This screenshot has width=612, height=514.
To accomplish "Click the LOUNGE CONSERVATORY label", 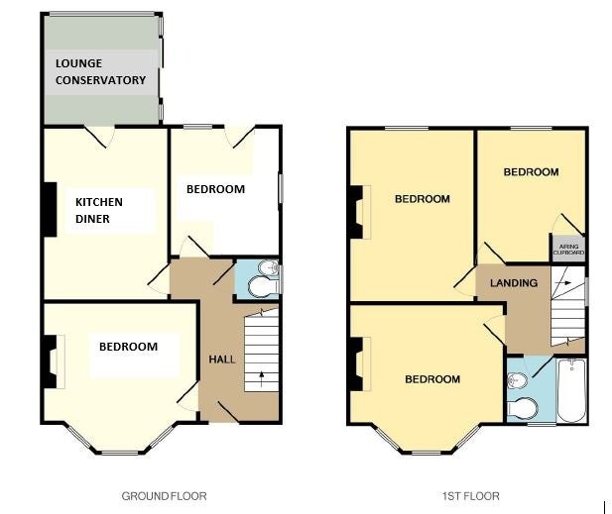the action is [100, 71].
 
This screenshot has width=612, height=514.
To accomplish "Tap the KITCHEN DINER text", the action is [99, 210].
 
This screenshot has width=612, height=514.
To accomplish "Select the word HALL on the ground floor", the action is [222, 360].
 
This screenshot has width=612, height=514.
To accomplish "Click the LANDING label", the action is [514, 283].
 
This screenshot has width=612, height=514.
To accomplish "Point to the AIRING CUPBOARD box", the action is [568, 249].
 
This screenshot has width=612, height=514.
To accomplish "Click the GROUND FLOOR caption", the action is [164, 496].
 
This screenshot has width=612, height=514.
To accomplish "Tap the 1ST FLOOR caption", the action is [471, 496].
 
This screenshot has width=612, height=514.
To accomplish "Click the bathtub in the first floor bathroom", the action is [571, 390].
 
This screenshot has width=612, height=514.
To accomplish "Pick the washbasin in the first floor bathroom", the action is [517, 380].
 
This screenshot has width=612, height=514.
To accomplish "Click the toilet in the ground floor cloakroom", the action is [263, 286].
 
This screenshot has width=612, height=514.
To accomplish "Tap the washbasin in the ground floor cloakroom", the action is [269, 267].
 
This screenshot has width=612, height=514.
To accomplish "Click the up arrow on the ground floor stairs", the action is [261, 376].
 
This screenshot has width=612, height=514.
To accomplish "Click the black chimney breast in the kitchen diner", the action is [50, 210].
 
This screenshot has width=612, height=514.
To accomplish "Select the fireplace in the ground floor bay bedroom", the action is [53, 362].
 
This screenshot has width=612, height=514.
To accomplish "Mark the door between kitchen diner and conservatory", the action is [99, 138].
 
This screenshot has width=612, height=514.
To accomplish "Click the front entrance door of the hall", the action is [228, 412].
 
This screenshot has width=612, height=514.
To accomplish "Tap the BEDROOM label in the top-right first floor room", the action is [531, 172].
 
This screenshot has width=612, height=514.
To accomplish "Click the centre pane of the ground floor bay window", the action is [120, 453].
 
